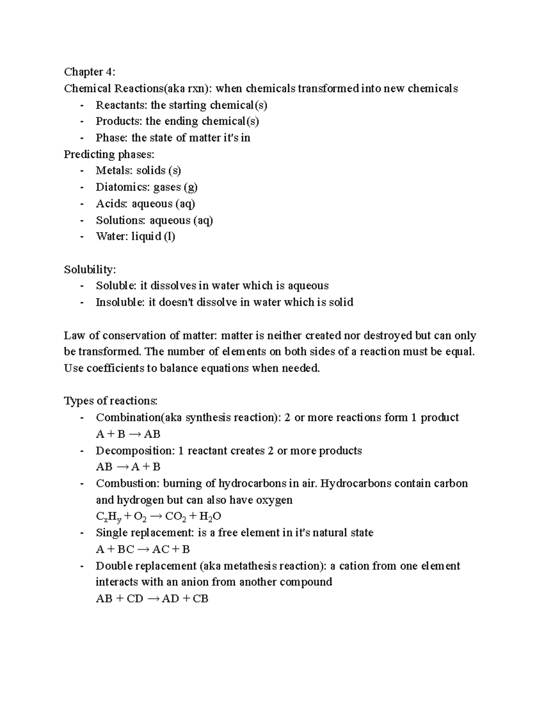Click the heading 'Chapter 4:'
(89, 72)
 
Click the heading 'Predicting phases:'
(109, 155)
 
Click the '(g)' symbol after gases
(190, 187)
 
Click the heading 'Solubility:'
(90, 270)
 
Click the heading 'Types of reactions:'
(111, 401)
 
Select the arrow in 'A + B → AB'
(135, 434)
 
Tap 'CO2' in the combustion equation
(176, 516)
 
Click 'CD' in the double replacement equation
(135, 599)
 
